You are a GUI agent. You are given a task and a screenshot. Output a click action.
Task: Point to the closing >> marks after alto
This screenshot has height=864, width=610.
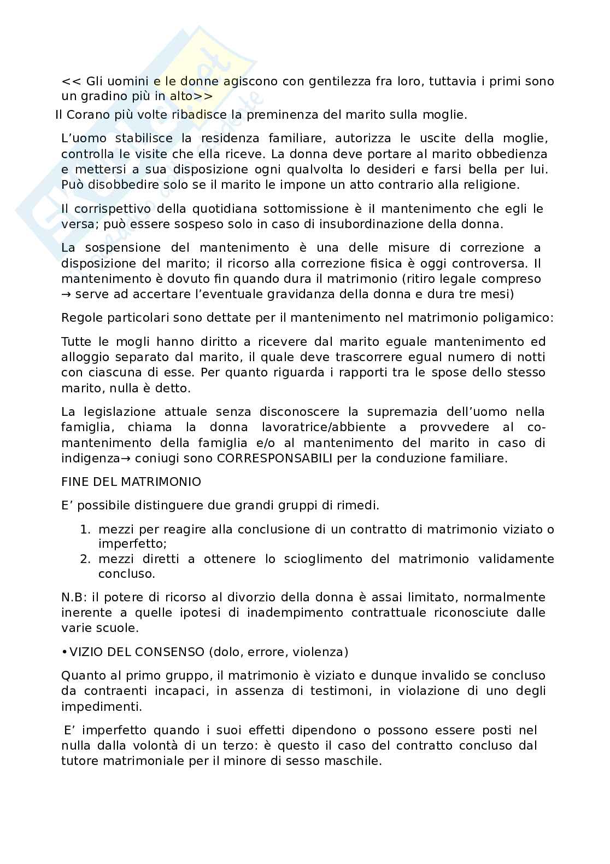click(x=203, y=97)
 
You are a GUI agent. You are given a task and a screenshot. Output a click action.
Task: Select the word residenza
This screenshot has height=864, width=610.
click(x=226, y=139)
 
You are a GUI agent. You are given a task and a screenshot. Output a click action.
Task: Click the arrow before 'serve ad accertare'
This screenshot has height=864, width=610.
click(x=66, y=294)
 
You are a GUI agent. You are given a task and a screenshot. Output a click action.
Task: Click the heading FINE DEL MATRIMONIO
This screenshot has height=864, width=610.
click(x=131, y=482)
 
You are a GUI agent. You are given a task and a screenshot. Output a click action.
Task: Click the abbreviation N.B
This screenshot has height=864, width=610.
click(x=72, y=598)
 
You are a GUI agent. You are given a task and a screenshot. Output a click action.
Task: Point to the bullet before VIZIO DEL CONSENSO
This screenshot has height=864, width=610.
click(x=64, y=652)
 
